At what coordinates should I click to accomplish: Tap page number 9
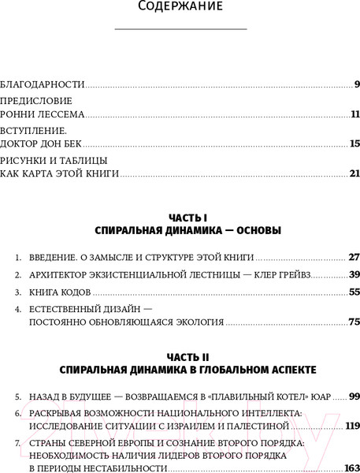(357, 84)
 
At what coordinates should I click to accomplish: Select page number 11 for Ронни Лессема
(354, 114)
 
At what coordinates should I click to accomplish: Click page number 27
(354, 257)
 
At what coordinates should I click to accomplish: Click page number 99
(354, 396)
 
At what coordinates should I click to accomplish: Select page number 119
(351, 426)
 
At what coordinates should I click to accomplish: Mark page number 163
(351, 467)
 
